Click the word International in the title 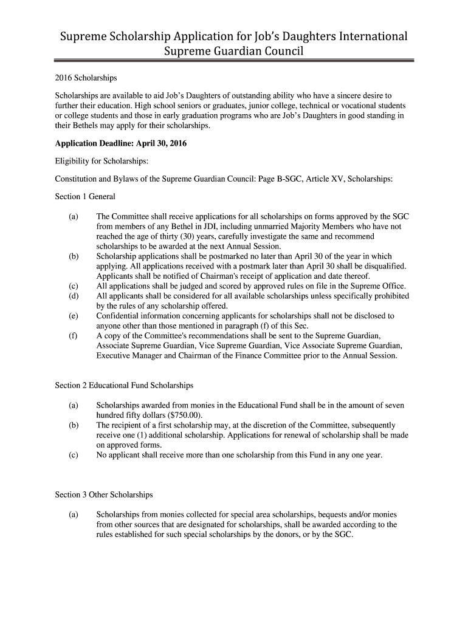(363, 36)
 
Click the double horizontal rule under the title (234, 61)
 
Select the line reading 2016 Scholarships (86, 79)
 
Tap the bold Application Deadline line (121, 144)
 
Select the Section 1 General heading (85, 196)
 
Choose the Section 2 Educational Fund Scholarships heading (124, 386)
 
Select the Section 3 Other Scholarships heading (104, 494)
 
